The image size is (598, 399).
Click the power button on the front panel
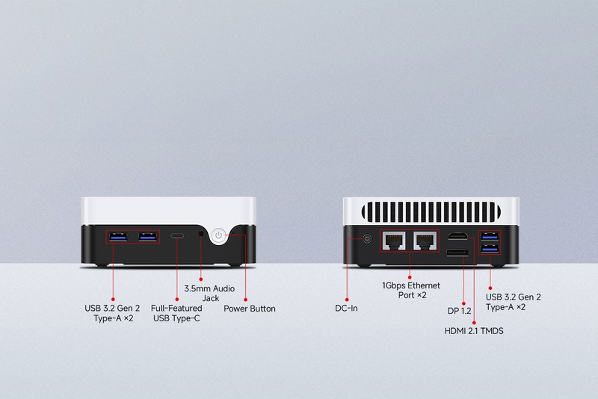tap(218, 235)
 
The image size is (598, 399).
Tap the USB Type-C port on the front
tap(176, 236)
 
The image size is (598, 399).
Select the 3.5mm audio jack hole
tap(201, 233)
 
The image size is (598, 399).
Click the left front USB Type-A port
tap(117, 237)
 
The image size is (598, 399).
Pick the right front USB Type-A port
tap(147, 237)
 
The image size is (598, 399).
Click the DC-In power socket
tap(367, 239)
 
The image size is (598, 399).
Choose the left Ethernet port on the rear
tap(394, 241)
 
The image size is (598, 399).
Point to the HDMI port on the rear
tap(458, 236)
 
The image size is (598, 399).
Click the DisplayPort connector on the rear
tap(457, 253)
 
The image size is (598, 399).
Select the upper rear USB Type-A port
tap(490, 236)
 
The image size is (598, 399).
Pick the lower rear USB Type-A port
tap(490, 250)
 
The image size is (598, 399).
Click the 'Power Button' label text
tap(250, 309)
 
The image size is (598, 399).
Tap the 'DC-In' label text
tap(346, 309)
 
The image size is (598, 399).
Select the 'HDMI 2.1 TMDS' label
tap(474, 331)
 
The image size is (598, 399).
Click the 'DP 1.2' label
tap(459, 311)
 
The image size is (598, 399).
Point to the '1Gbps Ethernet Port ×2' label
tap(411, 291)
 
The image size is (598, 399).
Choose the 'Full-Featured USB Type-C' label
tap(176, 313)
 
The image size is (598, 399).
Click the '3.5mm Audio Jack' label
tap(209, 294)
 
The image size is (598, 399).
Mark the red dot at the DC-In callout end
tap(347, 300)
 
